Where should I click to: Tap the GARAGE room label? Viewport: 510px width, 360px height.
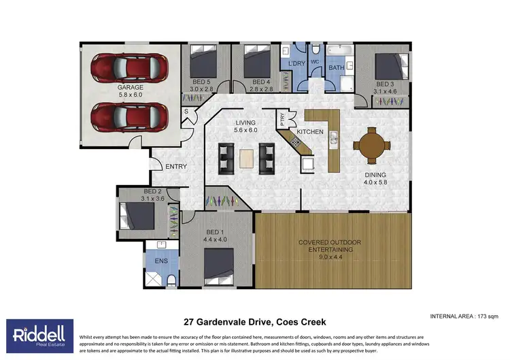pyautogui.click(x=129, y=88)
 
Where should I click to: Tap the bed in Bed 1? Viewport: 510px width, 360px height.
pyautogui.click(x=220, y=267)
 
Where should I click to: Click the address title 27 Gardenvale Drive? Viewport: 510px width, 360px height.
pyautogui.click(x=255, y=321)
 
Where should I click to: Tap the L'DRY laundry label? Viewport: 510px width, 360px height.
pyautogui.click(x=296, y=63)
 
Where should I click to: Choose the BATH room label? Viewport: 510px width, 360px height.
pyautogui.click(x=337, y=68)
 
